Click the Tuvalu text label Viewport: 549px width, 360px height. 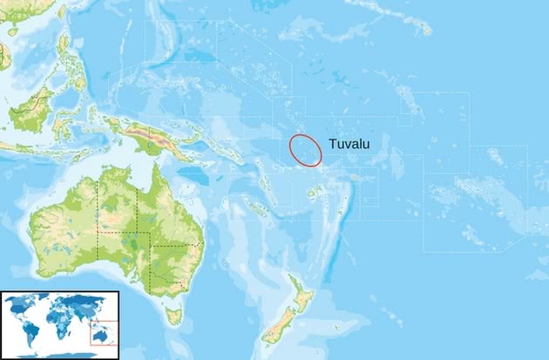click(x=348, y=145)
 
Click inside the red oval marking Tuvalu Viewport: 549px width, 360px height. click(x=306, y=150)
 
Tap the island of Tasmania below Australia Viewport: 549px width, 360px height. click(x=174, y=315)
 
